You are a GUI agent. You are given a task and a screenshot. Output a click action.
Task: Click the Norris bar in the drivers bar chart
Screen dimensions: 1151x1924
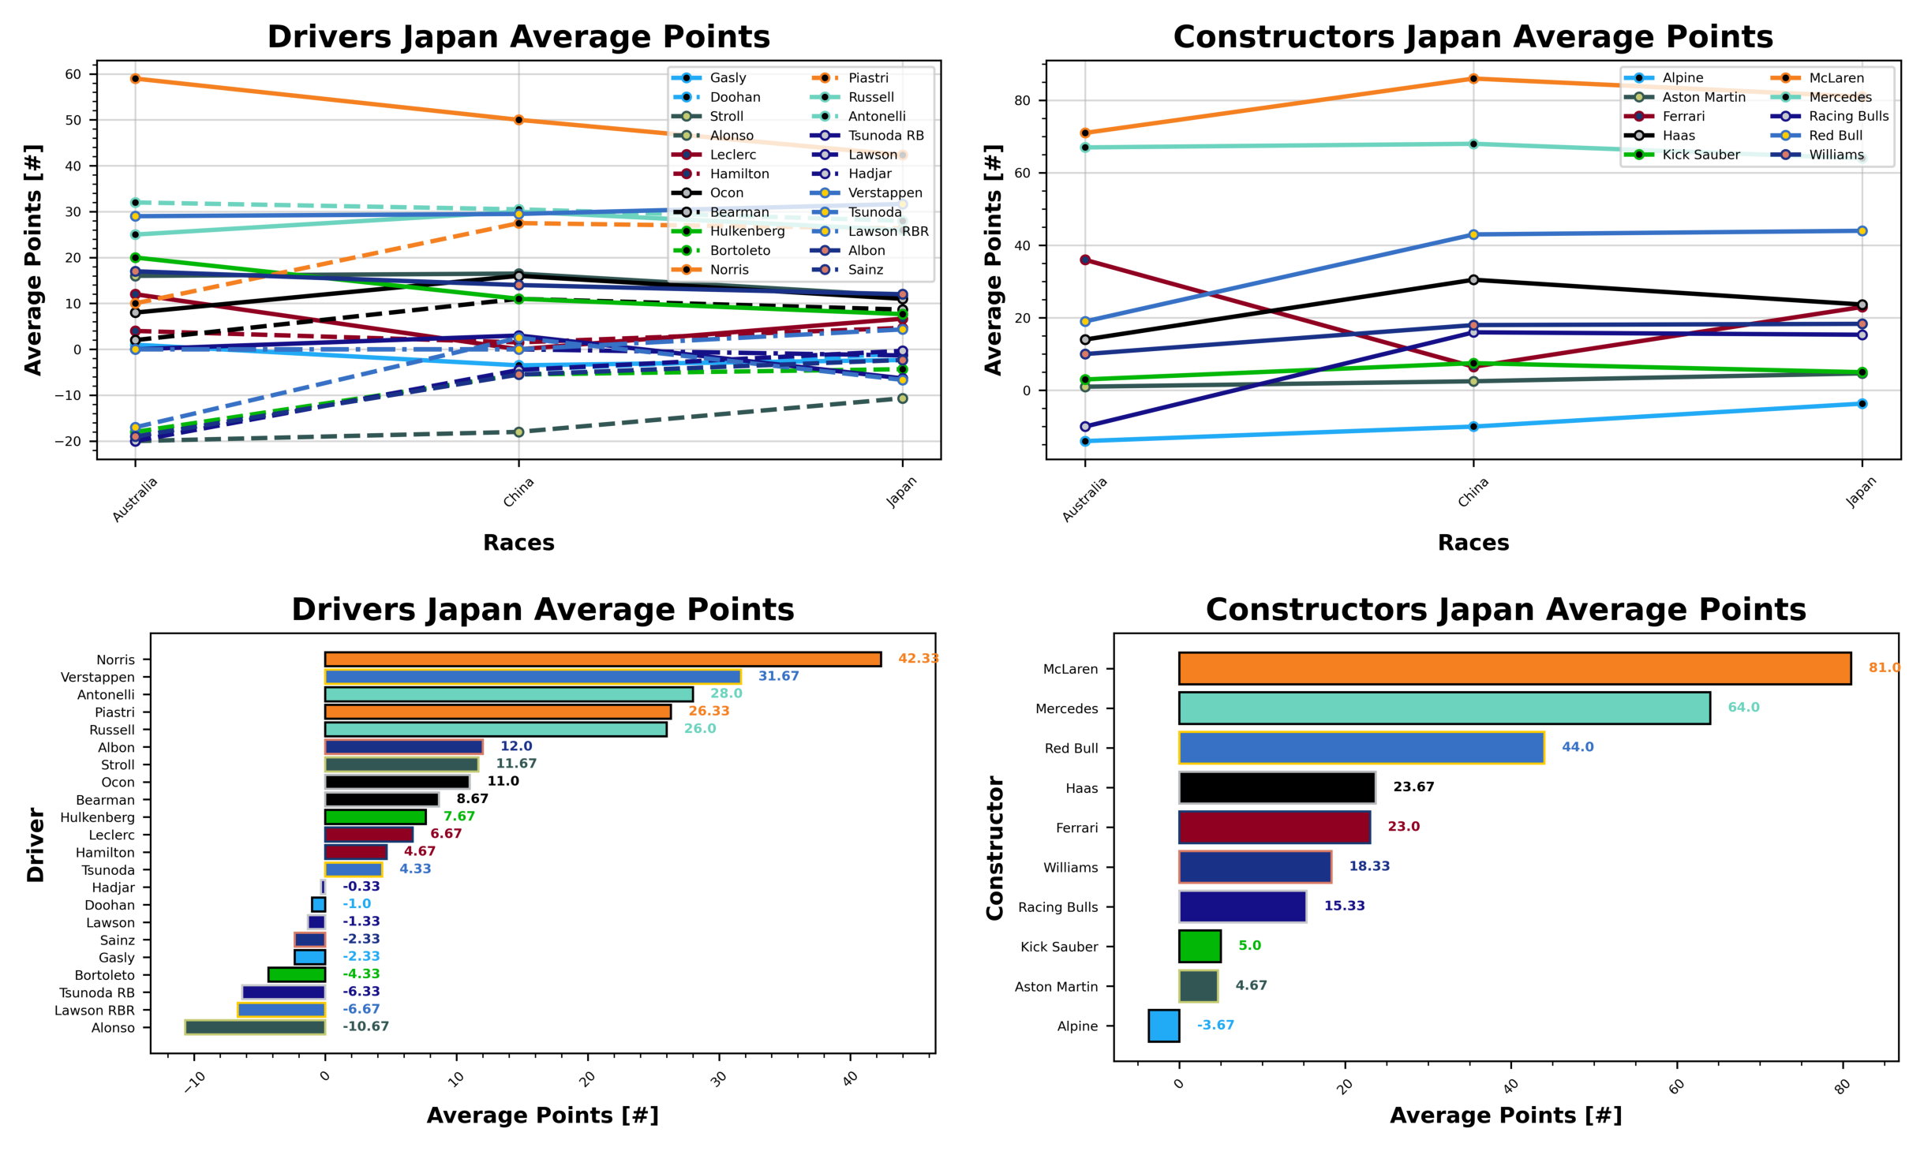(602, 659)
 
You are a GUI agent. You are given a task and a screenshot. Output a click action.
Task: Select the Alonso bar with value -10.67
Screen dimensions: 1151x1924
(254, 1026)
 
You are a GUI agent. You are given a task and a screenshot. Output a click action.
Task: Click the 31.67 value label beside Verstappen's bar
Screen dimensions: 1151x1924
(777, 676)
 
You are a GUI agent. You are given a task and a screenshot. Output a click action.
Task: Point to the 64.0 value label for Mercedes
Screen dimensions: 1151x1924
(1742, 707)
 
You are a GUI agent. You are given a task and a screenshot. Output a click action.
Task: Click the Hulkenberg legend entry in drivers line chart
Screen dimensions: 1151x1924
(747, 231)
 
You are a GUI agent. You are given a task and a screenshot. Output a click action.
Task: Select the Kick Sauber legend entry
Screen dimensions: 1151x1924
(1700, 155)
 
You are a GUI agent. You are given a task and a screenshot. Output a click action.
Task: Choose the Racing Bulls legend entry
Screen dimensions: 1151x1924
(1847, 116)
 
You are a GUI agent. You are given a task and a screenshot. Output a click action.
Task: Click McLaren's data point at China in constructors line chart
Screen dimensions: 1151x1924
(1472, 79)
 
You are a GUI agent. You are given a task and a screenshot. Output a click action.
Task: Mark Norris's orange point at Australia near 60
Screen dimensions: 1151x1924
(135, 79)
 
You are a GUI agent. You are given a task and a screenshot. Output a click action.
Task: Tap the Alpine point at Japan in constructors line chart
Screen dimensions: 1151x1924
(1861, 404)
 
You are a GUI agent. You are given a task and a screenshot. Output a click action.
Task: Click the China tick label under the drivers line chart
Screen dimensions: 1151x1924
(518, 492)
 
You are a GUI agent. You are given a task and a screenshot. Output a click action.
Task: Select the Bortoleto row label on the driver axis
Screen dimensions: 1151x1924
(104, 975)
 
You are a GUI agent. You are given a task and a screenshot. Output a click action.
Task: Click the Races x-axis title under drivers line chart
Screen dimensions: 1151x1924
(518, 543)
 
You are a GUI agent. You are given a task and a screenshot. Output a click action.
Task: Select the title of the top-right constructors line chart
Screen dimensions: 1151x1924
(1472, 37)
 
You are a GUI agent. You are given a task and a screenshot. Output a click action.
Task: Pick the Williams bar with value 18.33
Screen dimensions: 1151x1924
(1254, 866)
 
